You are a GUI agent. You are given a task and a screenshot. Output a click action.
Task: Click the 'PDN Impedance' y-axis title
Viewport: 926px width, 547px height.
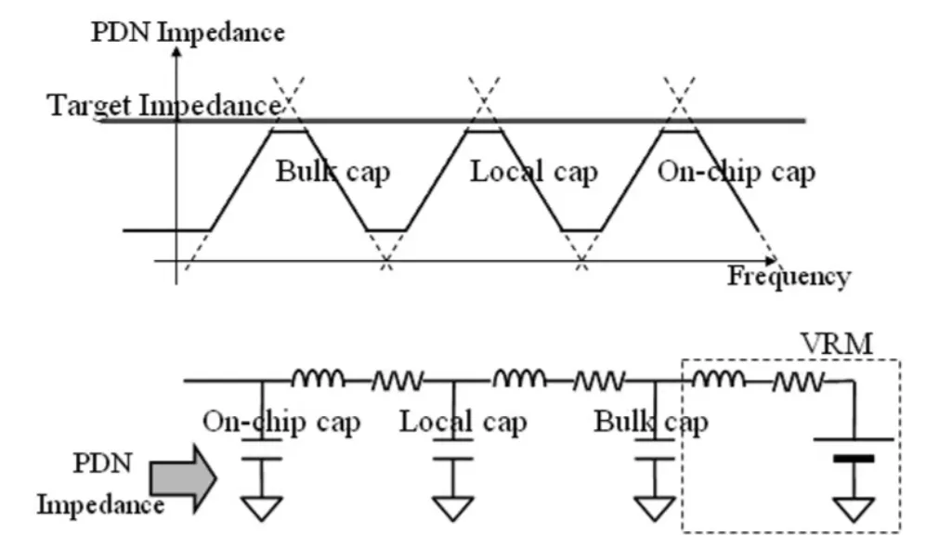coord(188,31)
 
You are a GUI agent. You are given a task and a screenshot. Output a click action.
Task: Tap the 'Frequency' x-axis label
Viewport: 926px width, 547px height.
coord(788,276)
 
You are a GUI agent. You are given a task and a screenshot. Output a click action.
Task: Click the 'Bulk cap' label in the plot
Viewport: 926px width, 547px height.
coord(333,173)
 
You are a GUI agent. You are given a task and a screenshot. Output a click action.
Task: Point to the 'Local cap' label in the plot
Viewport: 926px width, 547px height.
coord(533,172)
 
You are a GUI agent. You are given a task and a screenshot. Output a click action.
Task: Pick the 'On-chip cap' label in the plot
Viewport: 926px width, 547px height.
coord(736,172)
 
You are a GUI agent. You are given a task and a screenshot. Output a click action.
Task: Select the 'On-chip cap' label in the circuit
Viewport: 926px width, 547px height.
coord(281,423)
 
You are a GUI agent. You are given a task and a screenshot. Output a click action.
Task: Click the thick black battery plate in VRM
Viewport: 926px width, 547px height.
coord(854,458)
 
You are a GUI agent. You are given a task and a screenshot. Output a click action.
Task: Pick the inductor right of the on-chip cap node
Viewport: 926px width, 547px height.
coord(318,378)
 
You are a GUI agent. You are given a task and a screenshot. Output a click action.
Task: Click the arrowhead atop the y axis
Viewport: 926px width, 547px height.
coord(176,53)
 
